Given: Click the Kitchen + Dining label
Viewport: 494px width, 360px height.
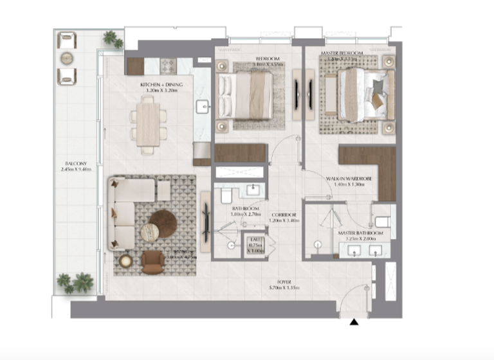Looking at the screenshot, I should [x=161, y=88].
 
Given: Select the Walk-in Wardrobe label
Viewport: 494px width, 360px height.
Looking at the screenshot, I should [x=344, y=181].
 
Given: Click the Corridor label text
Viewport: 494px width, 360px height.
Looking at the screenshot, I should [x=284, y=217].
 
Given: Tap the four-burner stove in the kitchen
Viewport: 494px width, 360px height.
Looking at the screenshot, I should [x=168, y=64].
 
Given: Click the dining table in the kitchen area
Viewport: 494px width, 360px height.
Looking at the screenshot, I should [x=148, y=124].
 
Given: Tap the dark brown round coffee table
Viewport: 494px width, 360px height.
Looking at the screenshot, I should [x=165, y=222].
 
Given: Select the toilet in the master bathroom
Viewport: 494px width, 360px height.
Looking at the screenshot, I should [x=381, y=222].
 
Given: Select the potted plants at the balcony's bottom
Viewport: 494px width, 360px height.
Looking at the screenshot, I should [x=75, y=282].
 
